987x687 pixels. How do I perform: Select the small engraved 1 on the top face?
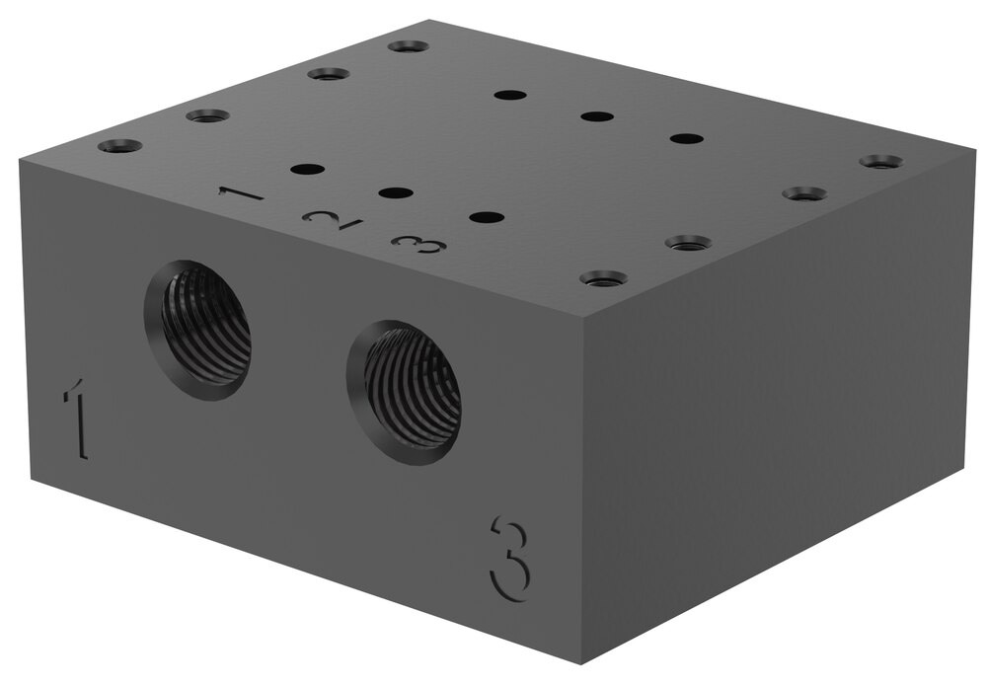(x=240, y=193)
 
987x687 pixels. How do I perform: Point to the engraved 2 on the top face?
(x=332, y=219)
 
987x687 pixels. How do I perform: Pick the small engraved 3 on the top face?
(x=418, y=244)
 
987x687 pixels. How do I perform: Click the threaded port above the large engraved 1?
(x=197, y=329)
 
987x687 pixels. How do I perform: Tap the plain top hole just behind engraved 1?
(x=308, y=170)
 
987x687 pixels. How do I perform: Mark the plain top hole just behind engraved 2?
(x=396, y=192)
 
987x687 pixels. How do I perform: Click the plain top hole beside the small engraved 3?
(x=487, y=217)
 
